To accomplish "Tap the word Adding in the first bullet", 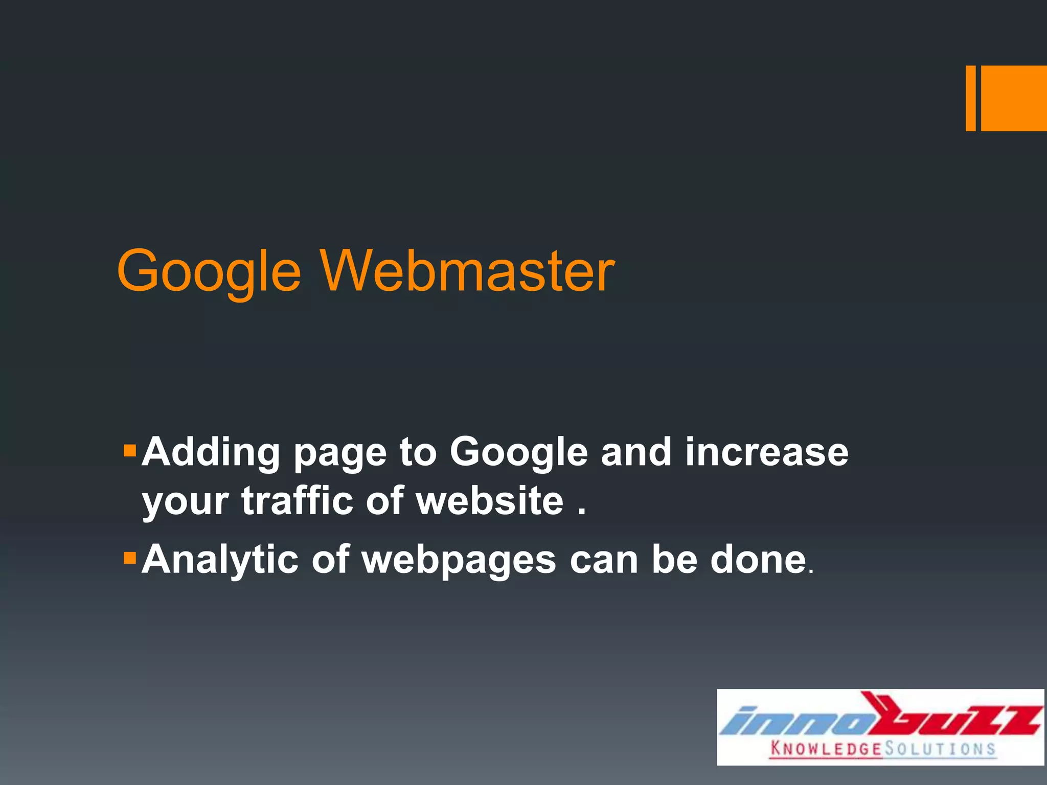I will [211, 453].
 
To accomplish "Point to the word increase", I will [766, 452].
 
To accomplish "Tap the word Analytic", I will [220, 560].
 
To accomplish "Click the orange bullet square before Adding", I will [130, 451].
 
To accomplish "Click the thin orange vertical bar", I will [970, 98].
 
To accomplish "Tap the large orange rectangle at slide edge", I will [1014, 98].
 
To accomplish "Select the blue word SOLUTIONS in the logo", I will [940, 749].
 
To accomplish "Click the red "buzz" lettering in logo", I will [951, 715].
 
